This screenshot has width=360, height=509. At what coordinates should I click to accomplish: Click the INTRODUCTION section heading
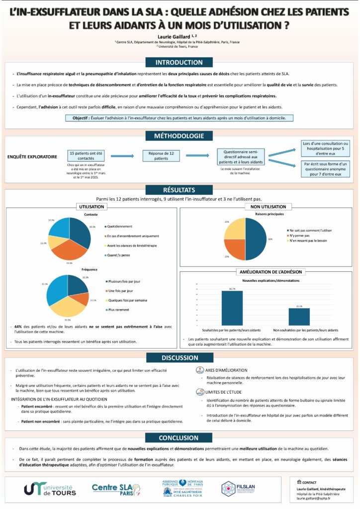click(180, 62)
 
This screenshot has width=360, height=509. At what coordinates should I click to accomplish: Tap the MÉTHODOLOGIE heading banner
click(180, 136)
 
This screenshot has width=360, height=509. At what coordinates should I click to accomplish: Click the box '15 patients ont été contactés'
click(86, 156)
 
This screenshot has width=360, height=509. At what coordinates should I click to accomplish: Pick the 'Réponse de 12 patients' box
click(161, 156)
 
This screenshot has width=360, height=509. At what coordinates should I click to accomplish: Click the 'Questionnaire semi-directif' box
click(241, 157)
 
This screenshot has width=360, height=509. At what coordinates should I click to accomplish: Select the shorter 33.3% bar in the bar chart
click(299, 317)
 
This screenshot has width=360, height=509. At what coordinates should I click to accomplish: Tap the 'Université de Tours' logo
click(48, 488)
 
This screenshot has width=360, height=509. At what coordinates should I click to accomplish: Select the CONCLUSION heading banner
click(180, 438)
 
